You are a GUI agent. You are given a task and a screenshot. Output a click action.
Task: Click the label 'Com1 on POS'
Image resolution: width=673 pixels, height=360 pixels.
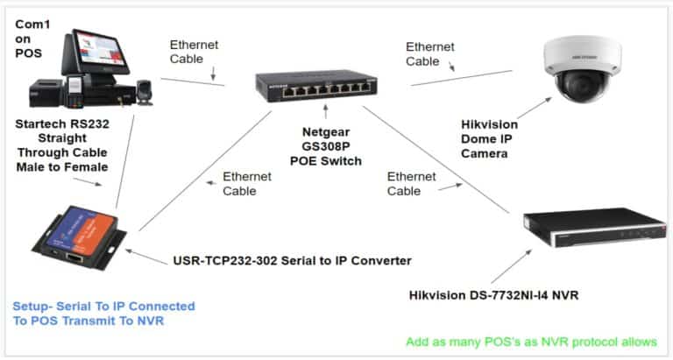pyautogui.click(x=31, y=39)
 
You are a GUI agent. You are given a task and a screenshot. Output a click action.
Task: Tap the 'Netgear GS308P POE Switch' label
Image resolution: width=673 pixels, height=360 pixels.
pyautogui.click(x=325, y=147)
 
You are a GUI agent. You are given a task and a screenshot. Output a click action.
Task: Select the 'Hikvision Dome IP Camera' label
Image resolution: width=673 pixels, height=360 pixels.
pyautogui.click(x=489, y=139)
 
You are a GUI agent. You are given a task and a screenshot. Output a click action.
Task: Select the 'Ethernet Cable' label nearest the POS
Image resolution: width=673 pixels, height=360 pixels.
pyautogui.click(x=194, y=53)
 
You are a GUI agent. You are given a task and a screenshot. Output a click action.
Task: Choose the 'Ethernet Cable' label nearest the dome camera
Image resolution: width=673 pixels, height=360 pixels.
pyautogui.click(x=430, y=53)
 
